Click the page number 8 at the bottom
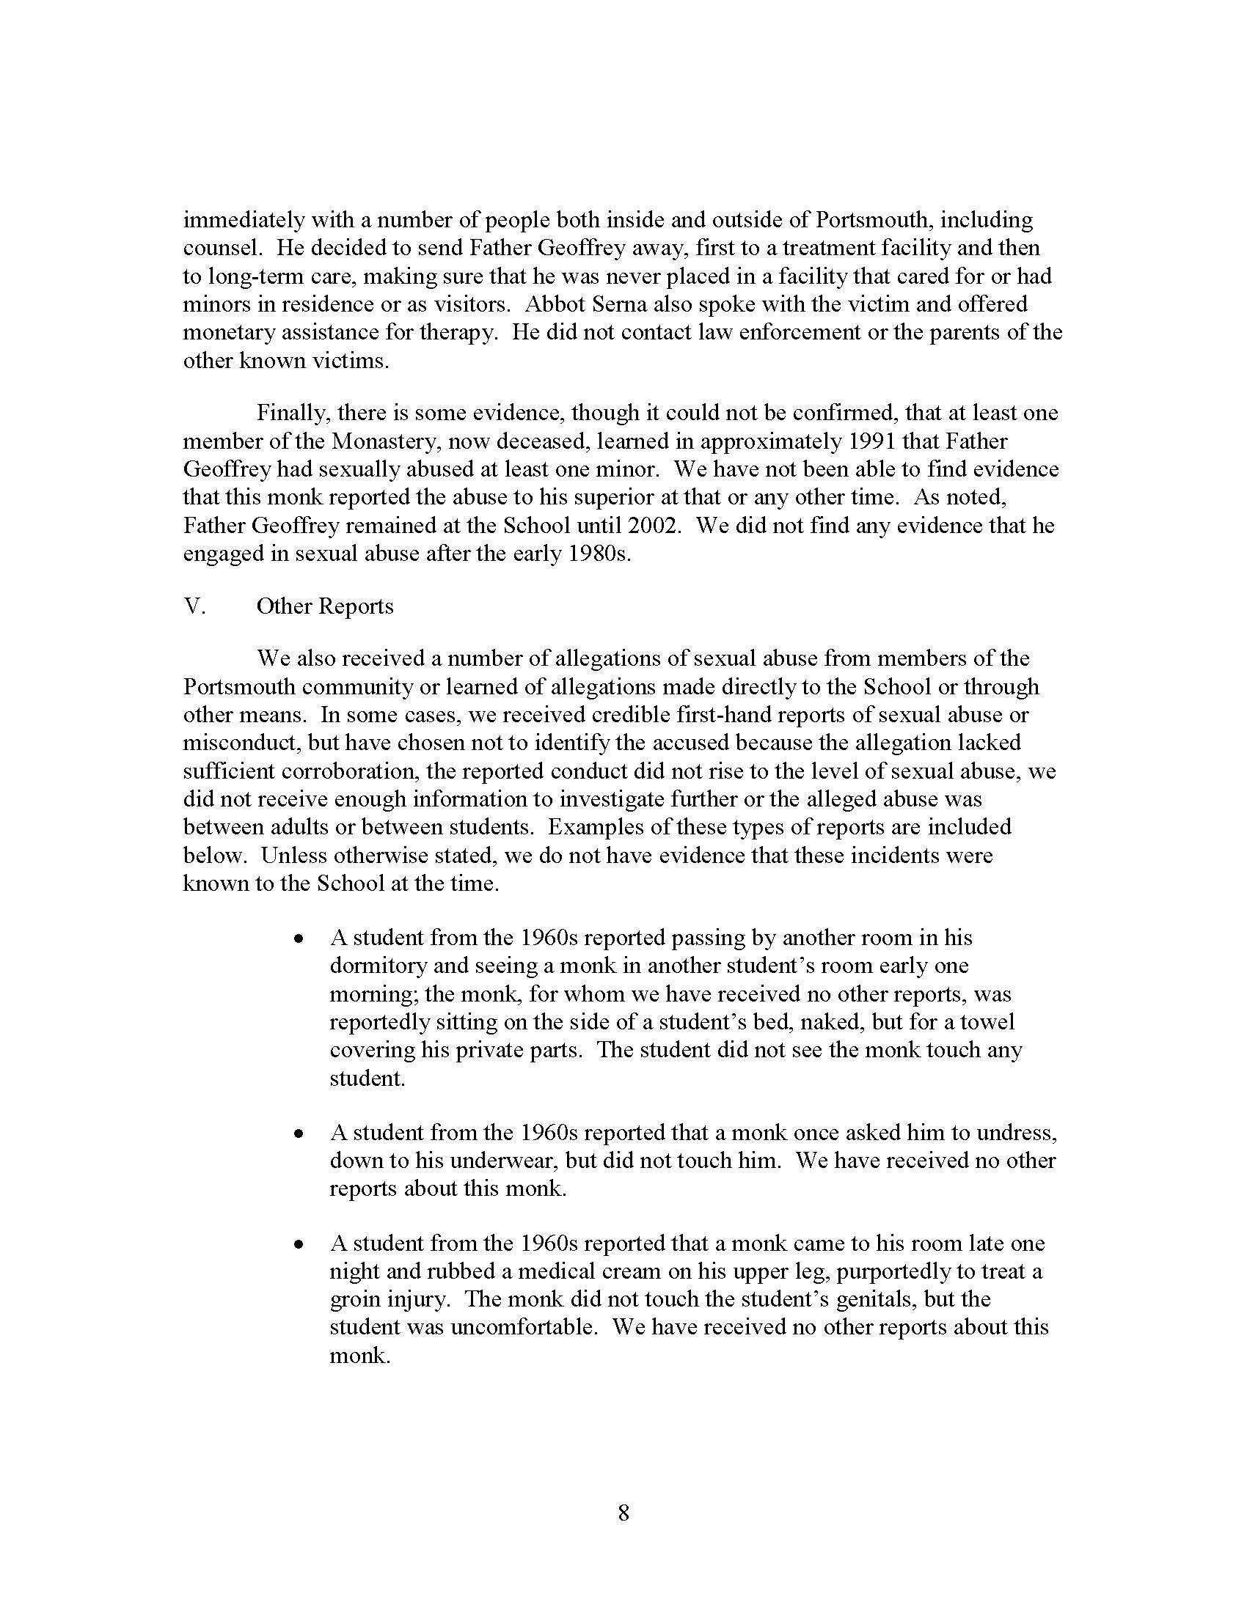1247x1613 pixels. pos(623,1513)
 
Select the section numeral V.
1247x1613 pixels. pos(194,606)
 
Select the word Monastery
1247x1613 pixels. pos(386,441)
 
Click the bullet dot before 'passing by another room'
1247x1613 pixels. pos(299,939)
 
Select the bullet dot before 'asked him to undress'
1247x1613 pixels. pos(299,1133)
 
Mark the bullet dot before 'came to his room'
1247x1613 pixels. pos(299,1244)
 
